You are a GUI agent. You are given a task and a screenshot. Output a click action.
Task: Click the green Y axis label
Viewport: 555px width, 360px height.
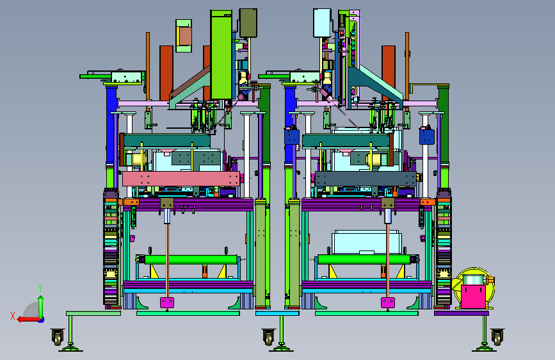[x=40, y=288]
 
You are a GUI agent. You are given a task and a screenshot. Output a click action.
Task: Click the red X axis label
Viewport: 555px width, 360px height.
[x=13, y=316]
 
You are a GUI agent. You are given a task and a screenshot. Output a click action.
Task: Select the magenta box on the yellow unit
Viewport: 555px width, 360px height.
[x=473, y=297]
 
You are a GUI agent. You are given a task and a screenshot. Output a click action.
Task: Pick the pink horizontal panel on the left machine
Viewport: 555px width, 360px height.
[x=181, y=179]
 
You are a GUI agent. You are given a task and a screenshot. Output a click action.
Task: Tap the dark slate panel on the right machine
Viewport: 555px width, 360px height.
[x=366, y=179]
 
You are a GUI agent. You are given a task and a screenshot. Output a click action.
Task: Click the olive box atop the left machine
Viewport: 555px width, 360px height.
[x=248, y=23]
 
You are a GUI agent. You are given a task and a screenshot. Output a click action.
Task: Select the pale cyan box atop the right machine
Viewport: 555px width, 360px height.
[x=322, y=23]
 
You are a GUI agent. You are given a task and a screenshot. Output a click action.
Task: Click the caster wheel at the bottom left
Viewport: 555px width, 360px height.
[x=58, y=336]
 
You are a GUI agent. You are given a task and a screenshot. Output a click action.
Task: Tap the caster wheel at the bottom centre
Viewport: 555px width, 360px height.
[x=269, y=337]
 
